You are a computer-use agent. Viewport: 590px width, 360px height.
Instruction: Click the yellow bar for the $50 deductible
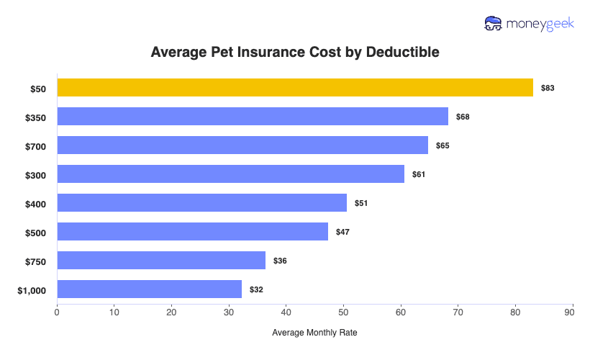[295, 88]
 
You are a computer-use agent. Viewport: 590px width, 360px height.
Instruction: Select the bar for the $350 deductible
[253, 117]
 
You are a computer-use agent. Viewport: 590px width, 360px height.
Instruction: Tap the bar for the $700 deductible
[242, 145]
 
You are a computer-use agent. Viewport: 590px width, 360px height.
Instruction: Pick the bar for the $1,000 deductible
[149, 289]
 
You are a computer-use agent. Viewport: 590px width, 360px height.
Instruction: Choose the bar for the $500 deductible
[192, 232]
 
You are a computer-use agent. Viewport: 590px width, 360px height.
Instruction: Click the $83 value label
[548, 88]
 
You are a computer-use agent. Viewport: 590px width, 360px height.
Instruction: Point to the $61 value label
[419, 174]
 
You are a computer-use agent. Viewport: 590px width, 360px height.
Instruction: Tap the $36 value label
[280, 261]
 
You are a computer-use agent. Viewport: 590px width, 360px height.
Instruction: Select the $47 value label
[342, 232]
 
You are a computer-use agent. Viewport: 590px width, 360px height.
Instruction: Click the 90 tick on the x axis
[573, 312]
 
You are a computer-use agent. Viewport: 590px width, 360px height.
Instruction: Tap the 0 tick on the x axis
[57, 312]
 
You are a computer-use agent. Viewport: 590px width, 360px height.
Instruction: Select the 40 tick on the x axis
[286, 312]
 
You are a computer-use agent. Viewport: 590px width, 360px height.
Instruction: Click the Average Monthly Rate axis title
[314, 333]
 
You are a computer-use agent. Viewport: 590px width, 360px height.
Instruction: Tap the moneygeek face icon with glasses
[494, 24]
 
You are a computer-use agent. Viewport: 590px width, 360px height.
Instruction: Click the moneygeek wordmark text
[540, 24]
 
